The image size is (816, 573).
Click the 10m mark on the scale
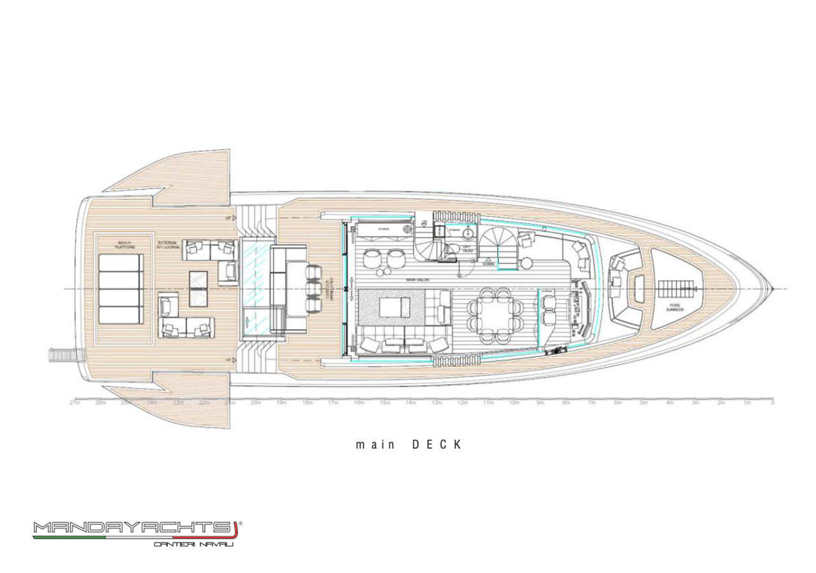pos(513,403)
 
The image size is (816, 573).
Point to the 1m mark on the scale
pos(747,403)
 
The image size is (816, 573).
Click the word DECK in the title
pos(435,444)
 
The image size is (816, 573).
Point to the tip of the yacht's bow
pos(773,290)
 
